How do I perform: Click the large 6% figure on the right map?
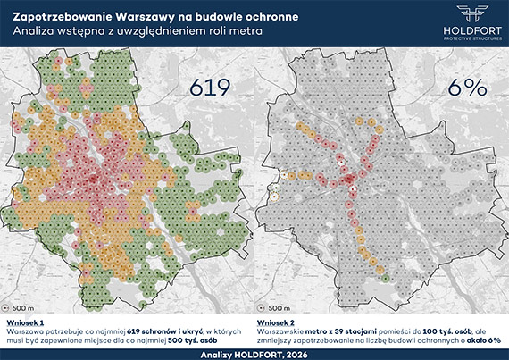click(463, 87)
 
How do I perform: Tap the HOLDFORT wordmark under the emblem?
click(473, 29)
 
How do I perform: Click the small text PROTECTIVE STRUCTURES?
click(473, 38)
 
